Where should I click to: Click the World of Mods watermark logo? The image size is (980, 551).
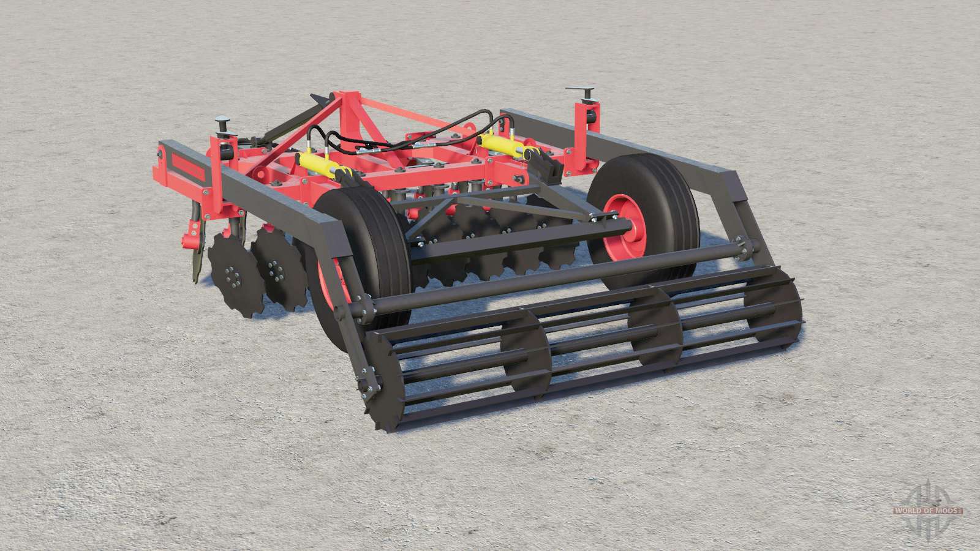tap(927, 510)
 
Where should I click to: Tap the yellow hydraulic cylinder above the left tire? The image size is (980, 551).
tap(319, 165)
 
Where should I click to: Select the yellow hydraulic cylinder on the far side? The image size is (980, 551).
tap(502, 145)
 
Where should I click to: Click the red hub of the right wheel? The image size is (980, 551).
tap(624, 227)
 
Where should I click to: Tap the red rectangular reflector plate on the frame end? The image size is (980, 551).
tap(188, 166)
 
